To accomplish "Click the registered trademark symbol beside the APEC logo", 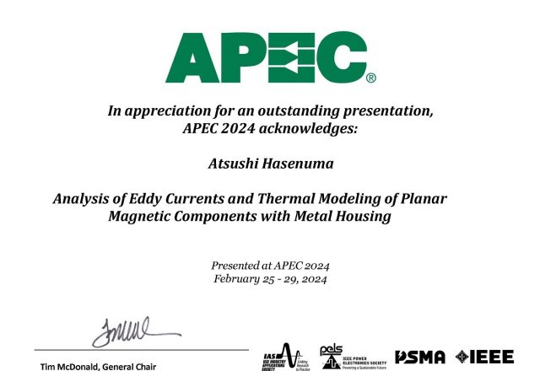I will [370, 78].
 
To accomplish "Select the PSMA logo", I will [420, 357].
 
